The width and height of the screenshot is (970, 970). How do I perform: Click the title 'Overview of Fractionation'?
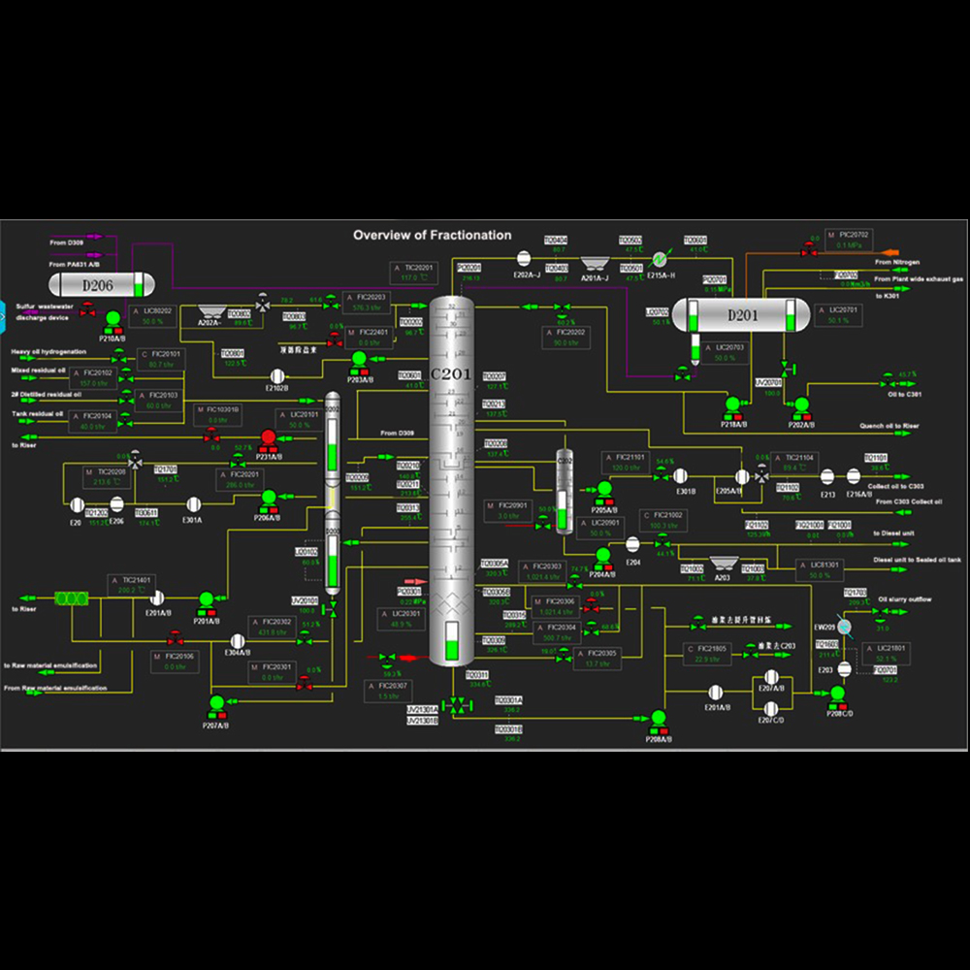[x=432, y=235]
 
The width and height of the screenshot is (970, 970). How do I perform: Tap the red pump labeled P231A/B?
[x=269, y=437]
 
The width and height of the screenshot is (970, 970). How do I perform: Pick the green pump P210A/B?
[x=113, y=318]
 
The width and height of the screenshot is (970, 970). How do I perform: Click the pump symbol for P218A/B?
[x=733, y=404]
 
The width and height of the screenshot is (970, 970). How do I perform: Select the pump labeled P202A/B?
[x=801, y=404]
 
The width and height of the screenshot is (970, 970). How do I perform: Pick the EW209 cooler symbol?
[x=844, y=629]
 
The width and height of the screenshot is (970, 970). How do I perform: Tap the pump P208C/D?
[x=837, y=694]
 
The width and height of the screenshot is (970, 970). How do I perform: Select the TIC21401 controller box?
[x=128, y=585]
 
